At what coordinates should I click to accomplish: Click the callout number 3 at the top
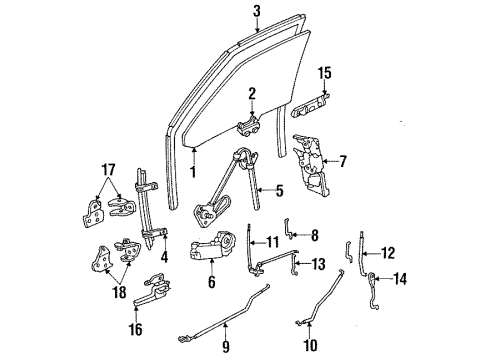pyautogui.click(x=257, y=13)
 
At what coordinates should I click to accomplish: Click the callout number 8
pyautogui.click(x=315, y=236)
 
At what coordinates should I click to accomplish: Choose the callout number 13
pyautogui.click(x=318, y=267)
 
